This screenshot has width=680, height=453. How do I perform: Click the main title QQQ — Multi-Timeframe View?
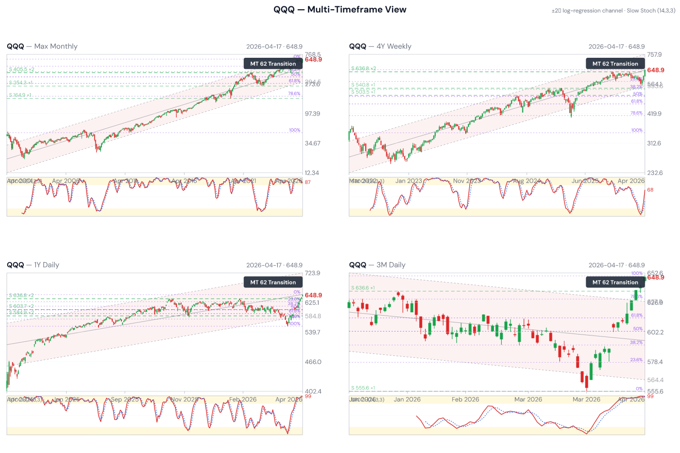[x=340, y=10]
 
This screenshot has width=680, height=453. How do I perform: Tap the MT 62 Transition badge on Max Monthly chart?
[x=273, y=64]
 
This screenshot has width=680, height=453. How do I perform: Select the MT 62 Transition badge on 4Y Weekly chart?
[x=615, y=64]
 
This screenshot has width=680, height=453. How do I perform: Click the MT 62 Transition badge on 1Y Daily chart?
[x=273, y=282]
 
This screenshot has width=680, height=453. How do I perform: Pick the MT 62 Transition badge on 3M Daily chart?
[x=615, y=282]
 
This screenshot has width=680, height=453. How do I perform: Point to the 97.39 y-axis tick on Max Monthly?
[x=312, y=114]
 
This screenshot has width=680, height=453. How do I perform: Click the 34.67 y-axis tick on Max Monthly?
[x=312, y=143]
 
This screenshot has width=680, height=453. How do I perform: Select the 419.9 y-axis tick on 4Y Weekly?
[x=654, y=114]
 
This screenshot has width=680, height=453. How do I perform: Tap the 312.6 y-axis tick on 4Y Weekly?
[x=654, y=143]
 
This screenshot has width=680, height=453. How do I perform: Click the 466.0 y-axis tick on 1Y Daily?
[x=312, y=362]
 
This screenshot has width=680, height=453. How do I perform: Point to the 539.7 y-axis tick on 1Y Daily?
[x=312, y=332]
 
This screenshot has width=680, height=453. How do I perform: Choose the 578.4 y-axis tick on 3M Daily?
[x=655, y=362]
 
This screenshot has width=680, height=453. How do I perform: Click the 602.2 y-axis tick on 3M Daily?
[x=655, y=332]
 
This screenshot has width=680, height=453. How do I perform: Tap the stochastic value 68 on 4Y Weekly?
[x=650, y=190]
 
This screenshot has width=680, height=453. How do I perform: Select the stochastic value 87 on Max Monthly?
[x=307, y=182]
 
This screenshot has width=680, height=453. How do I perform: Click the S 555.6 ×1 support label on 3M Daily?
[x=363, y=388]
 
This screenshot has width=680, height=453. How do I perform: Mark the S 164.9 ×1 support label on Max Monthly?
[x=20, y=95]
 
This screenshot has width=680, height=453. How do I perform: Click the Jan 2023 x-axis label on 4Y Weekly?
[x=408, y=181]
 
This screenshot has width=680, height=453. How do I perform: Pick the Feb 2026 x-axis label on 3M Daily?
[x=465, y=400]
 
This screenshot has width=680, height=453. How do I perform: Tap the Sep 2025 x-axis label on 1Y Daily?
[x=125, y=400]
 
